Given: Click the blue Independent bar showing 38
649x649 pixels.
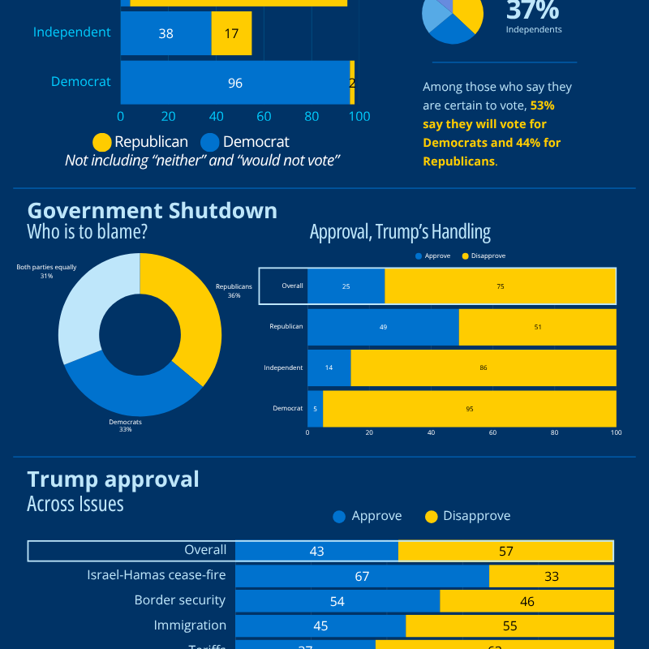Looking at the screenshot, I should point(165,33).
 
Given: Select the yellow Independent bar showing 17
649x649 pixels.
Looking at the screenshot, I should point(231,33).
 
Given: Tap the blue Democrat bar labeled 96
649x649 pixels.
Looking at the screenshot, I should point(235,83).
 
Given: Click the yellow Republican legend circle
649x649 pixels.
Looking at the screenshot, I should point(101,142).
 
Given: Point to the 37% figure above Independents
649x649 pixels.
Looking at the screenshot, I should point(533,11).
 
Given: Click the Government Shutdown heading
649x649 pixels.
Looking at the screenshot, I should point(153,211).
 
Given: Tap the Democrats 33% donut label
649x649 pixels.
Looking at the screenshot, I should point(125,425).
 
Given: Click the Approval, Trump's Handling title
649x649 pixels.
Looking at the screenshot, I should point(400,232).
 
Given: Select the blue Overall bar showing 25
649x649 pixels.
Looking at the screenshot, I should point(346,286).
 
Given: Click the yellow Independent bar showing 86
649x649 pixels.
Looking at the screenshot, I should point(483,367).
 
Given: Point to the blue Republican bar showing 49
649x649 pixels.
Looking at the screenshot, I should point(383,327).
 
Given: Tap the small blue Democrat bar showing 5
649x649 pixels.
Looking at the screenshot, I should point(315,409).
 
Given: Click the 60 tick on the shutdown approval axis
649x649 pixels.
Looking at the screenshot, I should point(492,433).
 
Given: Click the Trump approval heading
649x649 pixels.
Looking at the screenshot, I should point(113,479).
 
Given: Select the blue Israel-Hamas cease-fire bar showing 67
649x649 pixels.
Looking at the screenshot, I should point(362,576).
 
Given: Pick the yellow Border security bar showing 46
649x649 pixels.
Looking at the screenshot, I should point(527,601).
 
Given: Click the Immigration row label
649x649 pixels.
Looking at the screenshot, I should point(190,625).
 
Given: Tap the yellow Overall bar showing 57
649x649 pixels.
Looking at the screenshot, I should point(505,552).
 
